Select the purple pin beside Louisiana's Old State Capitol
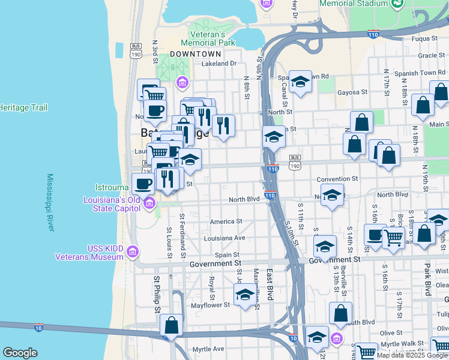tap(149, 208)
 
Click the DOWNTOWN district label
tap(192, 54)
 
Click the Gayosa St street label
tap(352, 92)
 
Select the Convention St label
tap(337, 179)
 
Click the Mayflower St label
tap(209, 305)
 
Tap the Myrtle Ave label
tap(208, 349)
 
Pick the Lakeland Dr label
tap(219, 63)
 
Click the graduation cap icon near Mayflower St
tap(245, 295)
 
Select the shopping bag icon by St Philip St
tap(172, 325)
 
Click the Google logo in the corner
tap(19, 353)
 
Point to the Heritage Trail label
tap(22, 107)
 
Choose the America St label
tap(226, 221)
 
